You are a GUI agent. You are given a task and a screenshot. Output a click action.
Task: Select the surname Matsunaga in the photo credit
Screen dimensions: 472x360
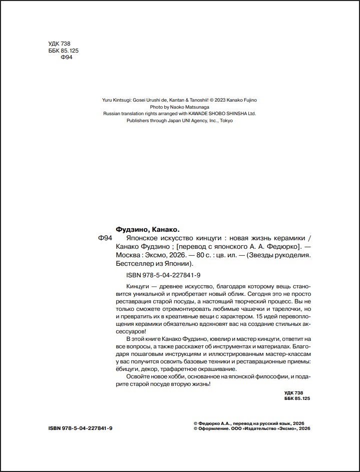coord(195,107)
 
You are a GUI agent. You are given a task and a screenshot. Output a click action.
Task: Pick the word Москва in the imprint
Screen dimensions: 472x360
coord(127,255)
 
